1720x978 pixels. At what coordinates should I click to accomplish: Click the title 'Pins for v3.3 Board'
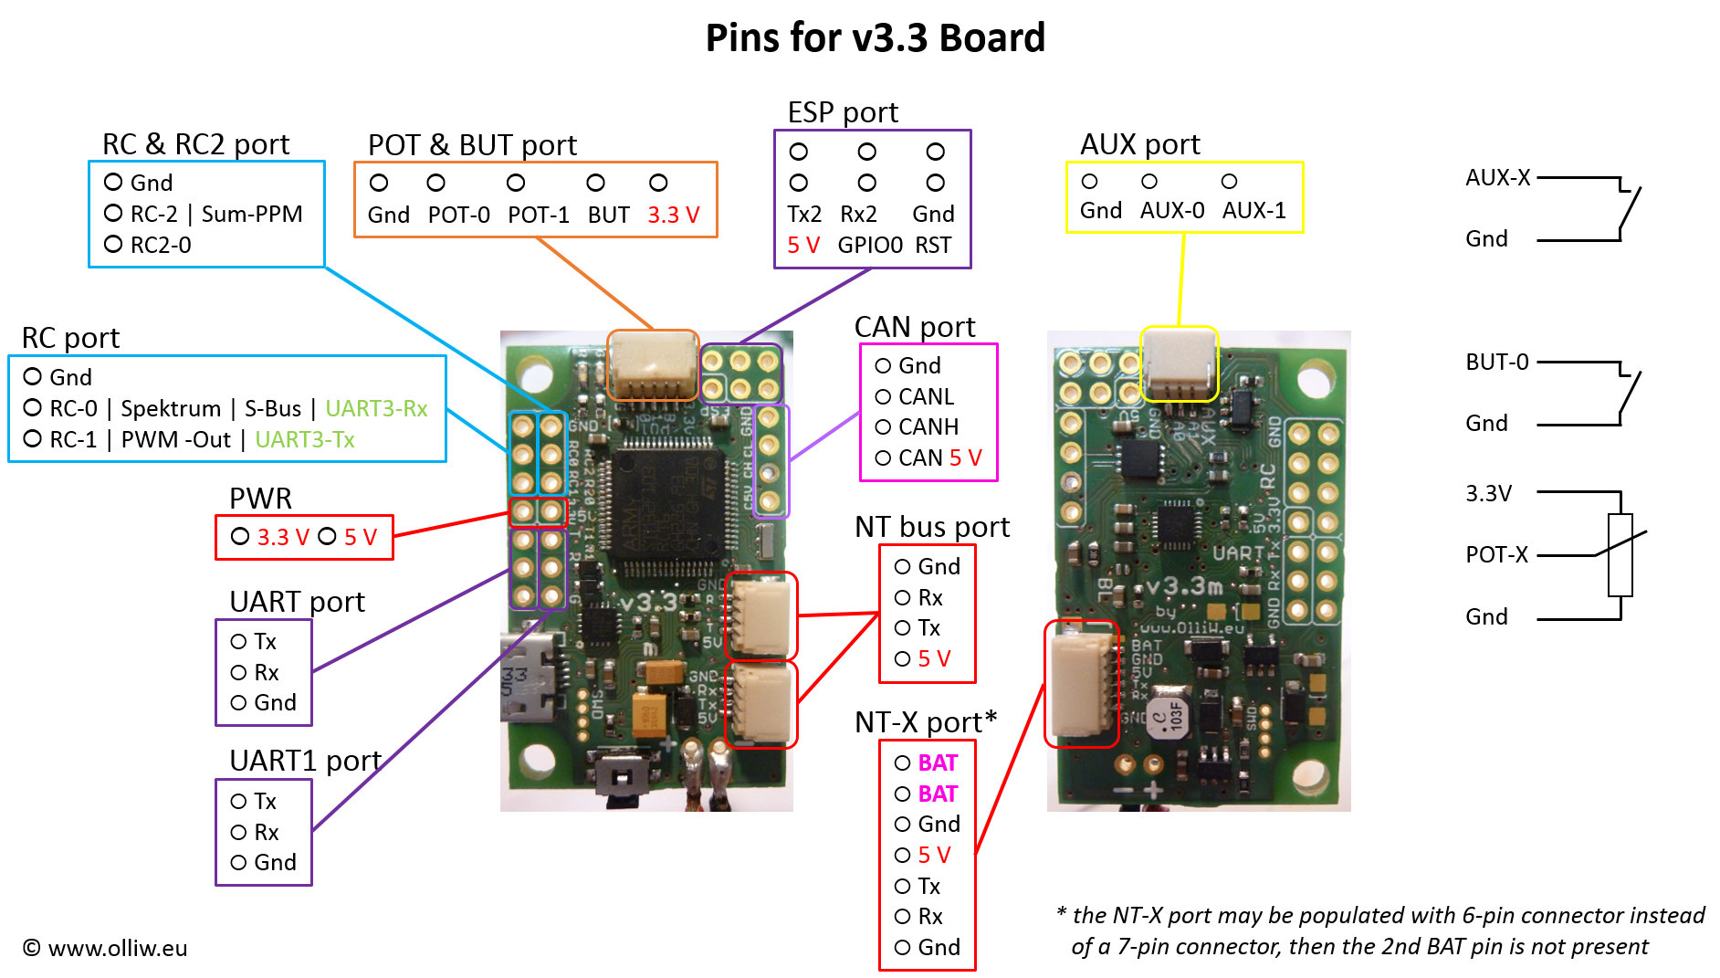pos(875,38)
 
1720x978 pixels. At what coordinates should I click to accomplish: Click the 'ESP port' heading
pos(842,112)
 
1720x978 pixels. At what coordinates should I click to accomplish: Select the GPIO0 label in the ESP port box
pos(869,245)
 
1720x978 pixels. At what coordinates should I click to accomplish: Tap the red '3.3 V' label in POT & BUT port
pos(673,215)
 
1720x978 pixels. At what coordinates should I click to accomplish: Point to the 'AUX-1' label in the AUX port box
pos(1253,211)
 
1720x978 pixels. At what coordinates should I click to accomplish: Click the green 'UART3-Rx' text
pos(376,408)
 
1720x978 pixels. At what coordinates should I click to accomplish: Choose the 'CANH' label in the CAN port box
pos(928,426)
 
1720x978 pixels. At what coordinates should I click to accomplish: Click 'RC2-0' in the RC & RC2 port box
pos(161,245)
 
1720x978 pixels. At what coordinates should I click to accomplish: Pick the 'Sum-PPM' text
pos(251,214)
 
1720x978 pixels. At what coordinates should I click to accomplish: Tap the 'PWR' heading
pos(260,499)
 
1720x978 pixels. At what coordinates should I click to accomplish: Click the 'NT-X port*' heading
pos(925,722)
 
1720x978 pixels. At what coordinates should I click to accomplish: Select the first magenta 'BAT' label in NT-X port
pos(938,762)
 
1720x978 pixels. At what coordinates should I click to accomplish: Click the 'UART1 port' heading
pos(305,761)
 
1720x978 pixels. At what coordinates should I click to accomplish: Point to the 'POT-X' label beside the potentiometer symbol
pos(1496,554)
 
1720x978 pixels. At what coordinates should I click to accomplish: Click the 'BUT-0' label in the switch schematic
pos(1496,362)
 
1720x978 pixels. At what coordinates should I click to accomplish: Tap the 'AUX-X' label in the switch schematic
pos(1497,177)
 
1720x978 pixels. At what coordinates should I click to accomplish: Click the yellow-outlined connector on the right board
pos(1179,364)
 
